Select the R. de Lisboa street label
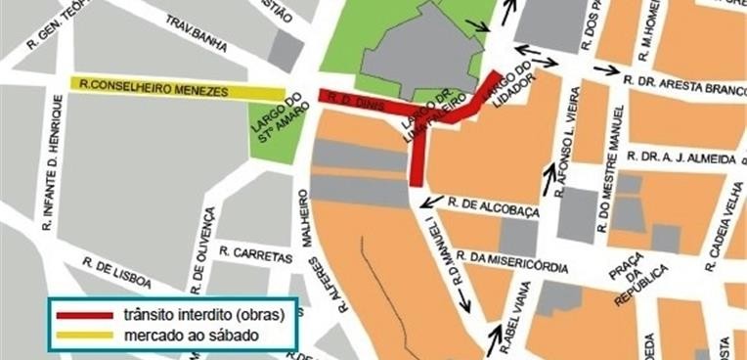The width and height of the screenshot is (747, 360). pos(117,273)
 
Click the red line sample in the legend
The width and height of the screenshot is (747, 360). pos(84,315)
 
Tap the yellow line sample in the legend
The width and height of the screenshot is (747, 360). pos(84,335)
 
